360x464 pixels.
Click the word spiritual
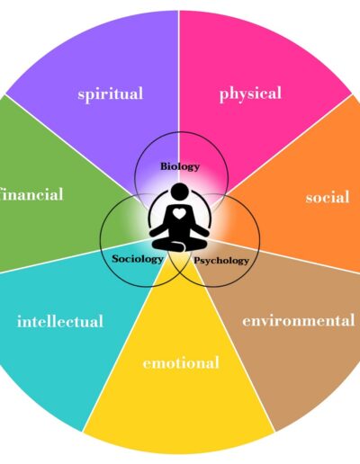click(x=111, y=94)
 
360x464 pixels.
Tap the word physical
click(x=250, y=94)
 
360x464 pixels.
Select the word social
click(x=328, y=197)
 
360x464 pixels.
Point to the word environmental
click(x=299, y=321)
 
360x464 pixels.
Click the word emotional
click(x=181, y=362)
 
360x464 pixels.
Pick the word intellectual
click(x=60, y=321)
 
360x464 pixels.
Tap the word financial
click(x=31, y=194)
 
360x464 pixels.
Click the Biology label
click(x=180, y=166)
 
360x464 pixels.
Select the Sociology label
click(x=138, y=259)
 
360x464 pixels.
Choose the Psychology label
click(x=221, y=261)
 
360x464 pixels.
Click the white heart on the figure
click(x=179, y=213)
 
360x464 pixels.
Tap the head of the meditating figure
click(x=179, y=192)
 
